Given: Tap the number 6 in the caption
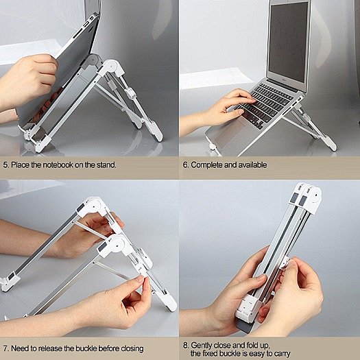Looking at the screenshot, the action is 185,165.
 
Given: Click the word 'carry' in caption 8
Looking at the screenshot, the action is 283,354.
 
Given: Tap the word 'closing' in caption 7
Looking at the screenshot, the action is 132,349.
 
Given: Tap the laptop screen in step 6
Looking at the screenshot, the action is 289,43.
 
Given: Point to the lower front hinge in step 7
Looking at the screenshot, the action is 113,246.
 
